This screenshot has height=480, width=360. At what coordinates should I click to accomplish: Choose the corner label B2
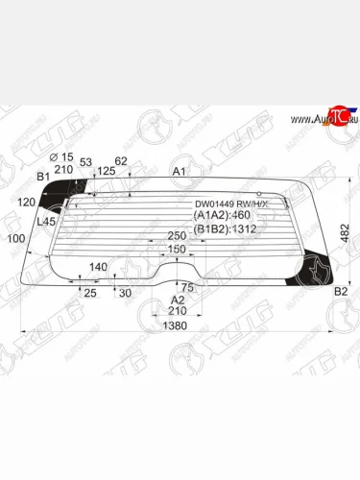[340, 292]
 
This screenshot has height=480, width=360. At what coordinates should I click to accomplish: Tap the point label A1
[180, 172]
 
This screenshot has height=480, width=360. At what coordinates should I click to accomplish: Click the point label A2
[177, 300]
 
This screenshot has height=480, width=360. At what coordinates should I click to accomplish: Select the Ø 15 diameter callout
[61, 156]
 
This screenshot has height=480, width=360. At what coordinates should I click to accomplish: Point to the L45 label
[45, 222]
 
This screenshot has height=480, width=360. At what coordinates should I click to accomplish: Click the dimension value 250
[177, 236]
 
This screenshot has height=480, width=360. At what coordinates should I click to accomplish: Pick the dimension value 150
[177, 250]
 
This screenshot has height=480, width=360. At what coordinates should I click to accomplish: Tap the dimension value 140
[98, 267]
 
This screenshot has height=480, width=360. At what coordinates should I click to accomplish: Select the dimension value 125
[107, 170]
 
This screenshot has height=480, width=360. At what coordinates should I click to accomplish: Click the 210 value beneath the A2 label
[177, 311]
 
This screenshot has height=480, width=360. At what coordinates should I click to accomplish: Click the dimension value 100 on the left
[15, 238]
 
